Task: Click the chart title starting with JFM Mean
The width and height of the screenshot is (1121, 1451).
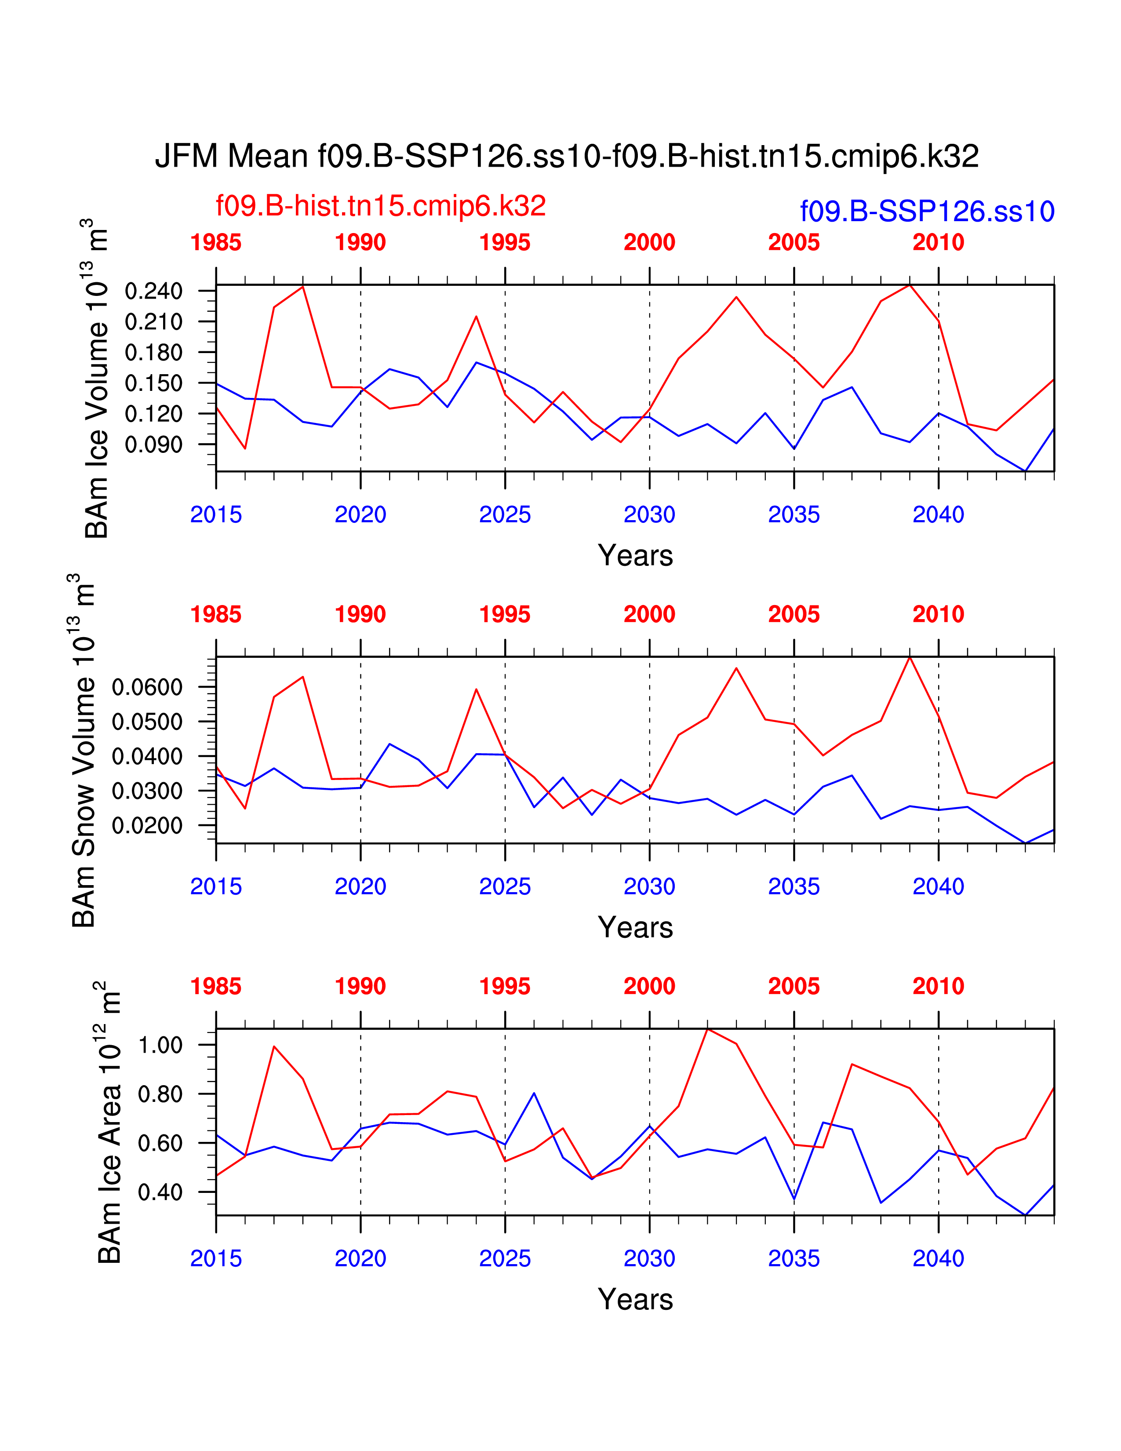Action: (567, 157)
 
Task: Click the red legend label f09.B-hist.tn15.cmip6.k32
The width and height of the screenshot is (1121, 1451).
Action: (381, 206)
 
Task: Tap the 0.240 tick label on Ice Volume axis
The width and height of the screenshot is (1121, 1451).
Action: (153, 291)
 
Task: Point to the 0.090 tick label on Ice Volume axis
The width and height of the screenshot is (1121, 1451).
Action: (153, 445)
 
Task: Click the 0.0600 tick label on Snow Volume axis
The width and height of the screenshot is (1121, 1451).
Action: (147, 687)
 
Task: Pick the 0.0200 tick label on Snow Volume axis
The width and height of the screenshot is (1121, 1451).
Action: (147, 826)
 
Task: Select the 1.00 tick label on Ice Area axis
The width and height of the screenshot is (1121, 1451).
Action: (160, 1045)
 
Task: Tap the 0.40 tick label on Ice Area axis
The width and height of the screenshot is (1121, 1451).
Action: (160, 1192)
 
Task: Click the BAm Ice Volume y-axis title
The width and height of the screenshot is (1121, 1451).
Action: (96, 379)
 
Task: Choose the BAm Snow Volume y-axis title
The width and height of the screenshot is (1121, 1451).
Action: (83, 751)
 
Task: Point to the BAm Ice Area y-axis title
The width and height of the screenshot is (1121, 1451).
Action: (109, 1123)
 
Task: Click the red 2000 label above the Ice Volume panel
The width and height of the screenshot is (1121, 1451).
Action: (649, 243)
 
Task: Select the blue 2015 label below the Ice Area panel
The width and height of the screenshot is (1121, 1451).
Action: (216, 1259)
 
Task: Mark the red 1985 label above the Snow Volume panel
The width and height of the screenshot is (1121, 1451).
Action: (216, 615)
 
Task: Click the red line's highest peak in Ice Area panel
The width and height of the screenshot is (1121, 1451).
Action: (708, 1029)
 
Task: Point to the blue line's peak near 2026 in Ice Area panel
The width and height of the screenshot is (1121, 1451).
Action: (534, 1093)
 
